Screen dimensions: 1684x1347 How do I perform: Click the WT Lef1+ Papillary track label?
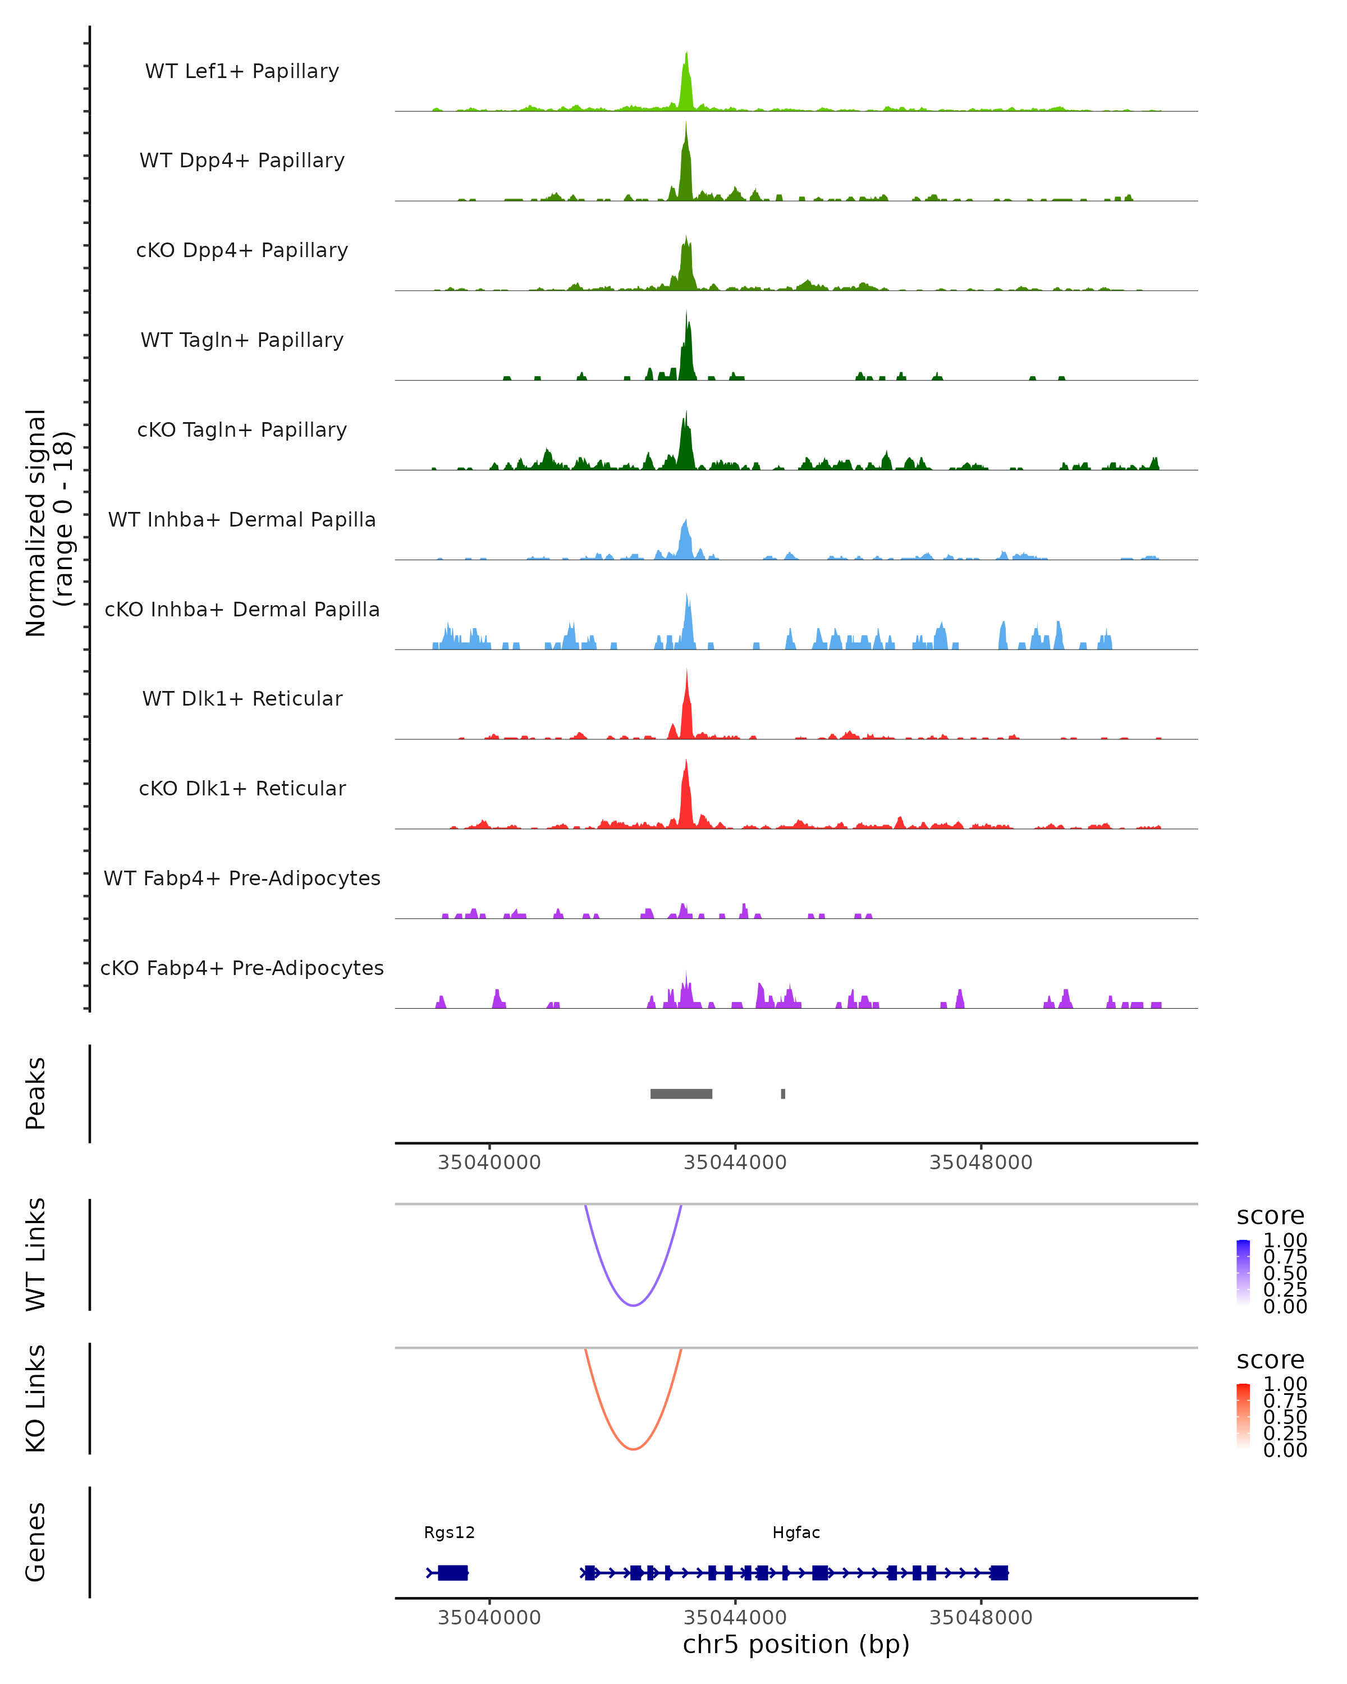click(242, 71)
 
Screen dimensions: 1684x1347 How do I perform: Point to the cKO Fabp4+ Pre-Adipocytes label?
click(242, 968)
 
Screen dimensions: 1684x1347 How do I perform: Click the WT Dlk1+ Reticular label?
click(242, 698)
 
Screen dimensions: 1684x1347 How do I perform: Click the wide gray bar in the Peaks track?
click(681, 1093)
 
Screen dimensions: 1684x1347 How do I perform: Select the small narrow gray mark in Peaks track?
click(783, 1093)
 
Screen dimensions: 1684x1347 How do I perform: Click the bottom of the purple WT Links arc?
click(633, 1305)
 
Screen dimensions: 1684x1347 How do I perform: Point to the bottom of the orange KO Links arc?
click(633, 1449)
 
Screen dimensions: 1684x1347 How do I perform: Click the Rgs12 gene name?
click(449, 1532)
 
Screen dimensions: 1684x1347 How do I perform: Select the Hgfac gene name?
click(796, 1532)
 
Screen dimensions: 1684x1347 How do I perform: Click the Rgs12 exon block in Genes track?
click(453, 1572)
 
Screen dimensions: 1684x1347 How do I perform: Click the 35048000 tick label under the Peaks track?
click(981, 1163)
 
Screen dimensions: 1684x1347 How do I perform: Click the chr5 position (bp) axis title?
click(796, 1645)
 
